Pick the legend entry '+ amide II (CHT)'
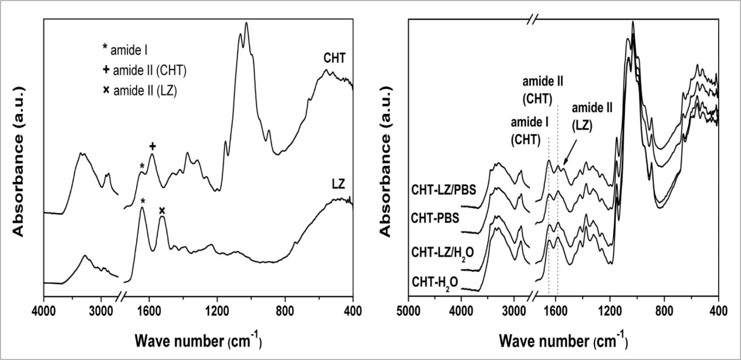145,70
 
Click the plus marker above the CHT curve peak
153,146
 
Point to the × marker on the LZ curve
162,210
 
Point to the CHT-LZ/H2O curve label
443,253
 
